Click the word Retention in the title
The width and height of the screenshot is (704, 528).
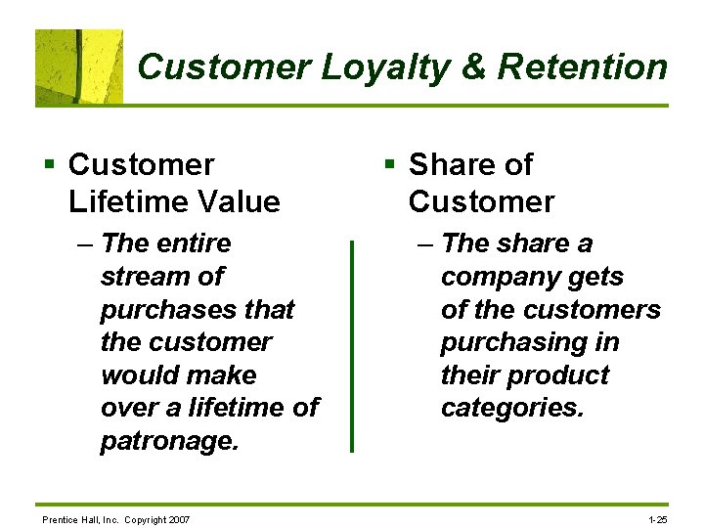point(582,67)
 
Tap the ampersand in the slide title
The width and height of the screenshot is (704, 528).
point(473,67)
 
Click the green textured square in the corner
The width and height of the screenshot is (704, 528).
point(79,66)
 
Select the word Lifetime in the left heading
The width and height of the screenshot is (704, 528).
point(126,202)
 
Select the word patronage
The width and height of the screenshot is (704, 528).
point(169,442)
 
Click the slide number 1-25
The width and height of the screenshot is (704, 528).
point(658,519)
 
